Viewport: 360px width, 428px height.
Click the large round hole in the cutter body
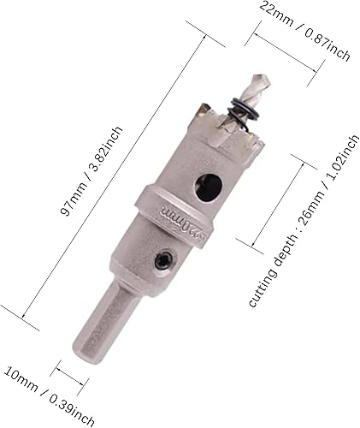tap(206, 187)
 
